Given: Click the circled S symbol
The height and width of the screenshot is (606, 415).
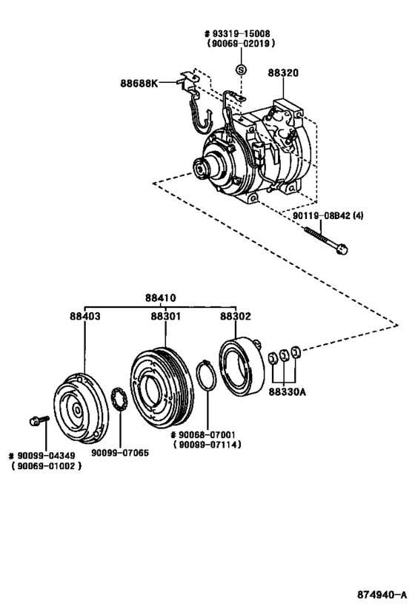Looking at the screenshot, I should tap(240, 69).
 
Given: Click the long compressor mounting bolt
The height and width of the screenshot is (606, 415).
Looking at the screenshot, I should tap(326, 241).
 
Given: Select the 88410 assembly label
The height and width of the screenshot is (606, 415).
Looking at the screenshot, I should tap(161, 300).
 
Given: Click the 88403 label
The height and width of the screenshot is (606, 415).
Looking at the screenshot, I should tap(84, 316).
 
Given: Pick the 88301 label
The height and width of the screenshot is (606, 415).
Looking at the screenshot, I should tap(167, 316).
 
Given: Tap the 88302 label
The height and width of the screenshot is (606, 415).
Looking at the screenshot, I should tap(235, 316).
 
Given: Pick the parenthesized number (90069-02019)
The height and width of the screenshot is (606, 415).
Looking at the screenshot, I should tap(240, 44).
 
